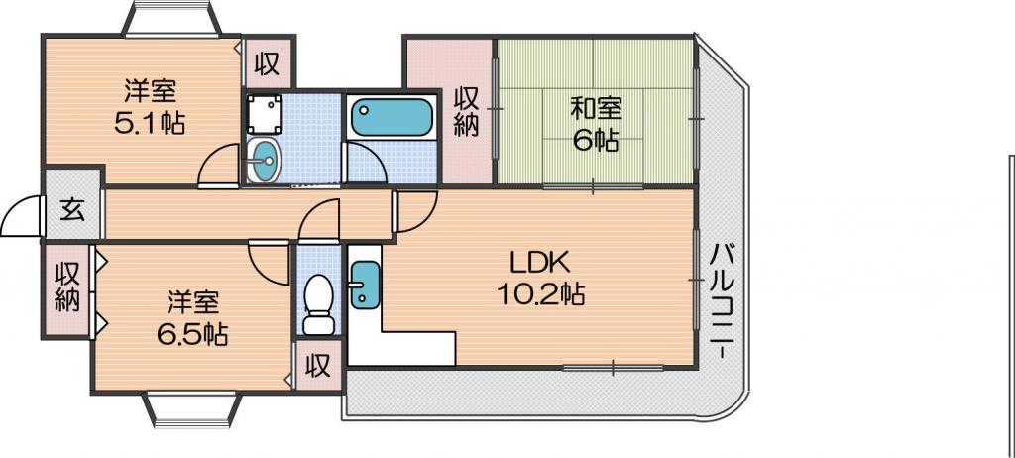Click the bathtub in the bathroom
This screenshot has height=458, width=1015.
click(x=391, y=117)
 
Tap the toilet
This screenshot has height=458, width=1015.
click(x=317, y=303)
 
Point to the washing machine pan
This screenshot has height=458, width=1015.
click(x=264, y=114)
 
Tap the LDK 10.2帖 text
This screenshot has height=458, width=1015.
click(x=540, y=279)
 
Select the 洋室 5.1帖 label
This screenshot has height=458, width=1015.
click(x=151, y=106)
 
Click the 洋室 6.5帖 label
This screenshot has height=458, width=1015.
click(x=191, y=317)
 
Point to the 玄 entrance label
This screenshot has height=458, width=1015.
click(x=72, y=211)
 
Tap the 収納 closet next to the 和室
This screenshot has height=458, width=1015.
click(x=466, y=111)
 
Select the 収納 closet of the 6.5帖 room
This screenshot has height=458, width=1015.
click(x=66, y=287)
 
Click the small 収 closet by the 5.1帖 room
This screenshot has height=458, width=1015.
click(x=266, y=63)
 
